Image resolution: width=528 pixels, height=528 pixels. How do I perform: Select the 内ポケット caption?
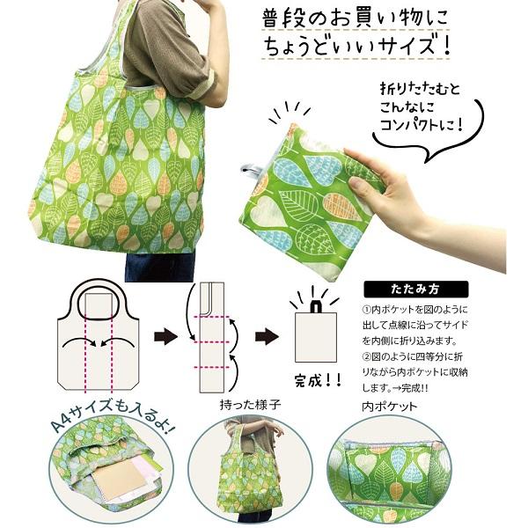pos(389,407)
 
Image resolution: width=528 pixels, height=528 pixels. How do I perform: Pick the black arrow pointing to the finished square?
pos(268,335)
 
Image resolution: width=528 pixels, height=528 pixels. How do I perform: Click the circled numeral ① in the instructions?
pos(367,311)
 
